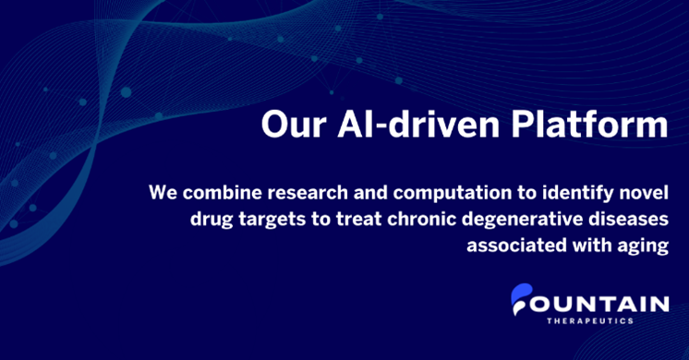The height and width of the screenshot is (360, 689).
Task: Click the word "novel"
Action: click(641, 195)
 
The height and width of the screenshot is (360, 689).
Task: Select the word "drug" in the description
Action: click(185, 222)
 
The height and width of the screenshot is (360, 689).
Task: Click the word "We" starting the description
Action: click(163, 195)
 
